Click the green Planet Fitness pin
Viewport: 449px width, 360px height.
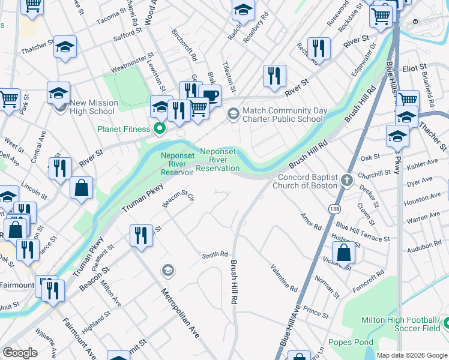click(160, 128)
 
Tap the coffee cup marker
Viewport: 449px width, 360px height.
click(209, 96)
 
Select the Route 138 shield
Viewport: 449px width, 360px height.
click(334, 208)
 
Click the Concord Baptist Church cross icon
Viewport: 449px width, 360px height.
click(346, 180)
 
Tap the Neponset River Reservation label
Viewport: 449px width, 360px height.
click(220, 160)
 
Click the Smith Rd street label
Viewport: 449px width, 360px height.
click(215, 254)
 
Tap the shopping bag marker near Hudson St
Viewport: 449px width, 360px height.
click(344, 253)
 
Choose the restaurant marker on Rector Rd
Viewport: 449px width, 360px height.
click(319, 47)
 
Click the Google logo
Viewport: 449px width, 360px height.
click(20, 353)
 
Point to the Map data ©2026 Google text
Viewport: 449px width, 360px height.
click(411, 355)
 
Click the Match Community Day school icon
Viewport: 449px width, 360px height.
click(232, 113)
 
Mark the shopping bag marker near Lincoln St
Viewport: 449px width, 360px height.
click(81, 187)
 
